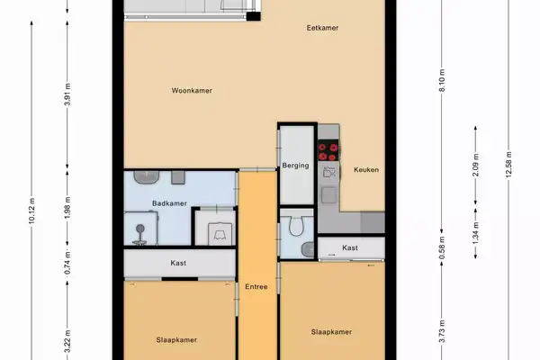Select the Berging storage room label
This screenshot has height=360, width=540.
click(x=296, y=166)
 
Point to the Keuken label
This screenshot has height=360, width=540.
click(x=366, y=170)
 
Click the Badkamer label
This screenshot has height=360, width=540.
click(x=168, y=203)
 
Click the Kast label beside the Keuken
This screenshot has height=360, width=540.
click(x=350, y=247)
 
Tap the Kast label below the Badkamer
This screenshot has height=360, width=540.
click(x=178, y=264)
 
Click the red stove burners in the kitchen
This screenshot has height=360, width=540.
click(x=328, y=149)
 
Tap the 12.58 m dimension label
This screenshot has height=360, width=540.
click(x=509, y=168)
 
